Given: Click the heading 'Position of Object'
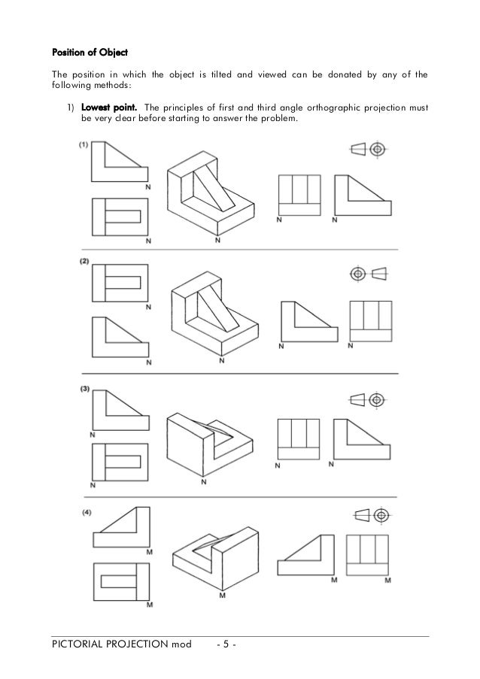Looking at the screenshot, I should [89, 53].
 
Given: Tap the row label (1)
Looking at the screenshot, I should [84, 145].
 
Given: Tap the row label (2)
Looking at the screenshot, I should [84, 261].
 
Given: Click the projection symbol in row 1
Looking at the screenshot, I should [368, 150].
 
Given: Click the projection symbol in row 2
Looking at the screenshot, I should [368, 271].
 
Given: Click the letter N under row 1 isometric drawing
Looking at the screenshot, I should [217, 241].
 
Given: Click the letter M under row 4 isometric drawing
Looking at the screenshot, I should [222, 596].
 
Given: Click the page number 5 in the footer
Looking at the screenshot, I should [224, 645].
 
